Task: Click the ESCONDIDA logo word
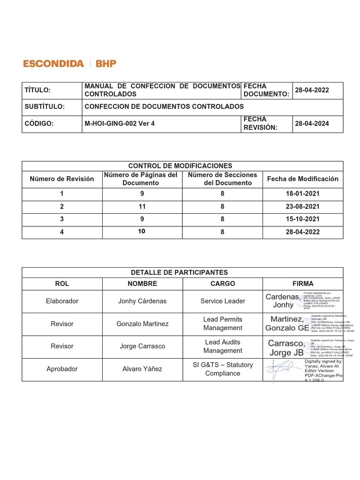(x=53, y=64)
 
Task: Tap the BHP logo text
(x=106, y=64)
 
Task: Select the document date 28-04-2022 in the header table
(x=312, y=90)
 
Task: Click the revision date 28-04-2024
(x=312, y=124)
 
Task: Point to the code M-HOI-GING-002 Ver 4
(x=120, y=124)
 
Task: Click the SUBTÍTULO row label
(x=45, y=106)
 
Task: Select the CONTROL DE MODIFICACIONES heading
(x=180, y=166)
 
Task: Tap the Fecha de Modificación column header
(x=302, y=179)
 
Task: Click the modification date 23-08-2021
(x=302, y=206)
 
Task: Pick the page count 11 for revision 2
(x=142, y=206)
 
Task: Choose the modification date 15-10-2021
(x=302, y=219)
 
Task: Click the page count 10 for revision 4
(x=142, y=232)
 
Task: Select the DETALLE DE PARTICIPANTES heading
(x=180, y=272)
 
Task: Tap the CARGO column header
(x=223, y=284)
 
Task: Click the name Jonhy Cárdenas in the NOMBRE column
(x=142, y=301)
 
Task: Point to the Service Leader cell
(x=223, y=301)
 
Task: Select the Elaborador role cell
(x=62, y=301)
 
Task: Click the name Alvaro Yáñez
(x=142, y=369)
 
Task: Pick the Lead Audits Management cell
(x=223, y=346)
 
